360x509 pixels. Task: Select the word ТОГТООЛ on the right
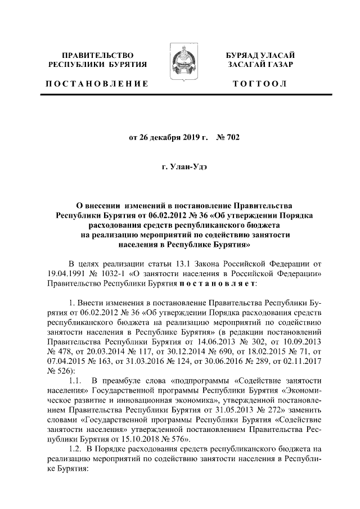pos(259,84)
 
